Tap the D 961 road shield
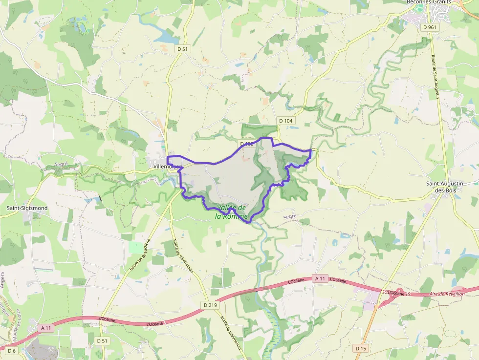430,27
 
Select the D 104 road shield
286,121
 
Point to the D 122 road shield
246,144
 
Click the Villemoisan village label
167,167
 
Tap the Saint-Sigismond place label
27,208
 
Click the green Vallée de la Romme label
232,212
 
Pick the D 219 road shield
210,305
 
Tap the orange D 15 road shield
361,348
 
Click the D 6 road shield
12,351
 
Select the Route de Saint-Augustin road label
435,76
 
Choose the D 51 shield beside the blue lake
182,49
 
